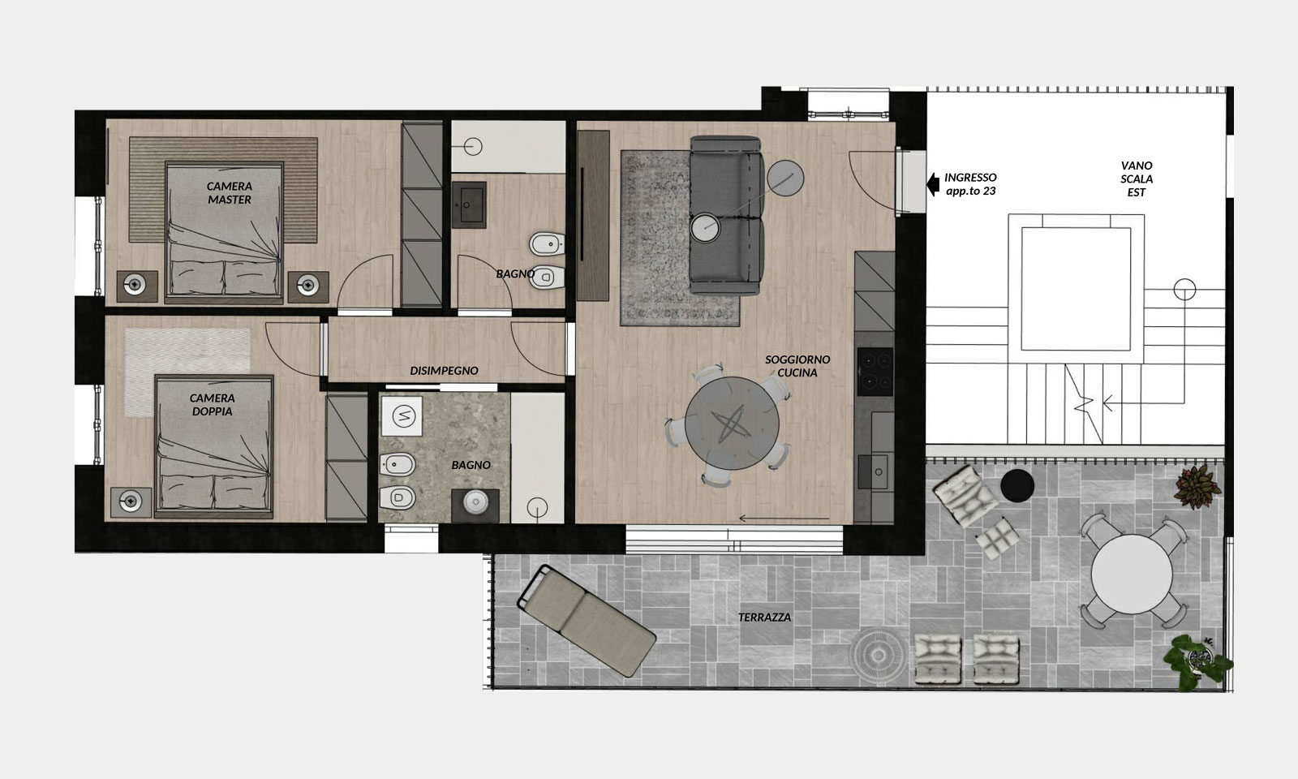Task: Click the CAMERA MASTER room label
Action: click(x=230, y=193)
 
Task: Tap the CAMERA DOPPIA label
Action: click(x=212, y=405)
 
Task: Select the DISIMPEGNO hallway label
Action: click(x=444, y=370)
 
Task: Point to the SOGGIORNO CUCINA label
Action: click(x=797, y=366)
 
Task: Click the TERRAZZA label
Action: click(x=764, y=618)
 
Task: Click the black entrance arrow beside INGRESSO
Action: click(x=933, y=184)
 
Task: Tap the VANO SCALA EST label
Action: click(x=1137, y=179)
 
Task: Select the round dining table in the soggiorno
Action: click(x=732, y=423)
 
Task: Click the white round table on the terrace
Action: click(x=1132, y=574)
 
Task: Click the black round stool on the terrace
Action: click(x=1017, y=486)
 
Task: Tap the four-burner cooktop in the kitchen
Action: click(x=875, y=371)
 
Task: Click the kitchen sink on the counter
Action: click(x=875, y=471)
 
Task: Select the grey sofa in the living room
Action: click(x=726, y=216)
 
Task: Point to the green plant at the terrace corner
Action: click(x=1196, y=661)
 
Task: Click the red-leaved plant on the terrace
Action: click(x=1197, y=487)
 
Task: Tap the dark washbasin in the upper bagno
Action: click(x=469, y=204)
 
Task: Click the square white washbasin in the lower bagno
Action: click(x=402, y=416)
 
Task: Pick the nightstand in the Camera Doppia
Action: click(x=131, y=501)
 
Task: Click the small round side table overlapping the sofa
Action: click(x=705, y=227)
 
